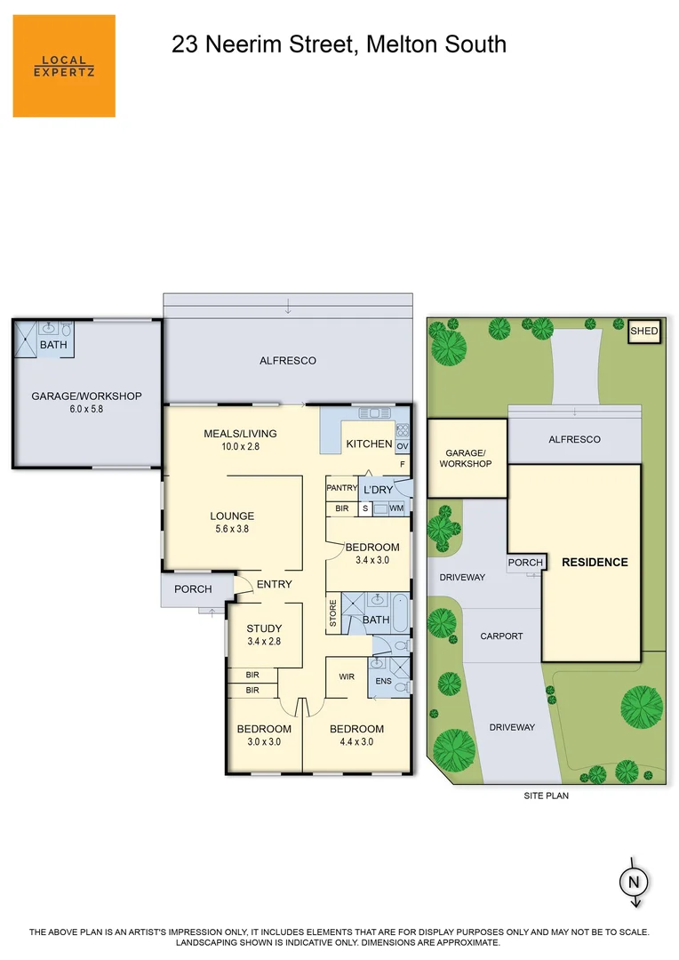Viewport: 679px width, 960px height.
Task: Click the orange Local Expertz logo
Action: tap(64, 66)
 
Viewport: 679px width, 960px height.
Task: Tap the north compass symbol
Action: tap(634, 881)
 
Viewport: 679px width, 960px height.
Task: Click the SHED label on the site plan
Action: tap(644, 332)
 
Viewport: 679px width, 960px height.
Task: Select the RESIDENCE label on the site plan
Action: tap(595, 562)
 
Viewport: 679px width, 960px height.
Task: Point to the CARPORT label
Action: tap(501, 636)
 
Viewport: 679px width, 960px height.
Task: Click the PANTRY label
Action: tap(341, 488)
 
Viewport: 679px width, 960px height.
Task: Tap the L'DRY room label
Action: tap(378, 490)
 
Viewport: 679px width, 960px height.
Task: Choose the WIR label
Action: tap(347, 676)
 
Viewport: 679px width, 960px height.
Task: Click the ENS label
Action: tap(383, 682)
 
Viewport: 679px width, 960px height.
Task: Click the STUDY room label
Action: tap(264, 628)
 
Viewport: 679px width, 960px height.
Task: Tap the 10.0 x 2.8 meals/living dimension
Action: tap(240, 446)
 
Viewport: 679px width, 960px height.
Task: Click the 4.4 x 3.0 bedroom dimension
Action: tap(356, 741)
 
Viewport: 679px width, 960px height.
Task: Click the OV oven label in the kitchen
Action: tap(402, 446)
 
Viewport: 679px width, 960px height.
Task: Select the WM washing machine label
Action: tap(396, 508)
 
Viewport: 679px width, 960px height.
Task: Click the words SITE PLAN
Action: tap(546, 796)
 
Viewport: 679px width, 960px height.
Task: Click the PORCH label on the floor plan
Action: tap(193, 589)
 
